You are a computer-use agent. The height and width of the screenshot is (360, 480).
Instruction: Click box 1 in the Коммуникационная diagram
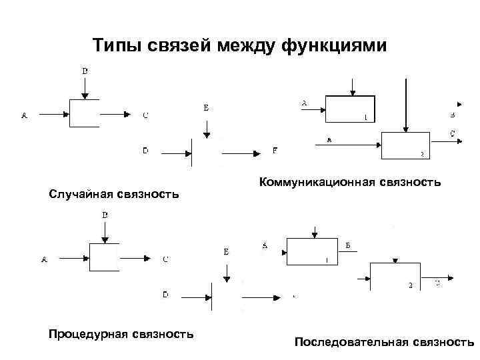pyautogui.click(x=350, y=109)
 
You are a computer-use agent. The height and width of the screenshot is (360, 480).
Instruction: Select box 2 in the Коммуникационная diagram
pyautogui.click(x=406, y=145)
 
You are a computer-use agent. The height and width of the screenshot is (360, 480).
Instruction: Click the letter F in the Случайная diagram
pyautogui.click(x=275, y=151)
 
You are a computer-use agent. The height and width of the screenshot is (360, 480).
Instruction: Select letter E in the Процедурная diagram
pyautogui.click(x=226, y=252)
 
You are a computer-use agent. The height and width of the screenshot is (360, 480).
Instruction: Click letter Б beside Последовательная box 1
pyautogui.click(x=348, y=245)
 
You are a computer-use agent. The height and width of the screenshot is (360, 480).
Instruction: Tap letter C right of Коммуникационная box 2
pyautogui.click(x=453, y=134)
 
